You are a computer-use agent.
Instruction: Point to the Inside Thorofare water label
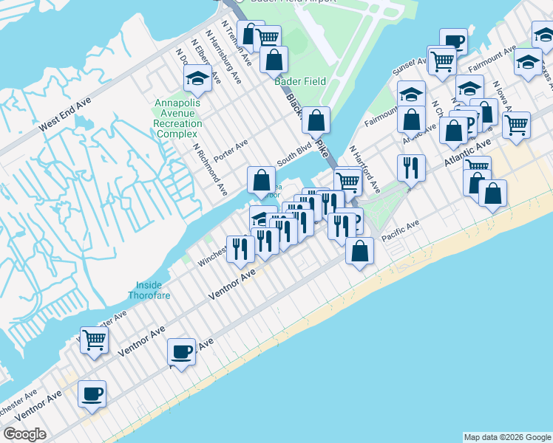click(x=153, y=290)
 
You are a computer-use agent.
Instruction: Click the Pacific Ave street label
click(x=401, y=229)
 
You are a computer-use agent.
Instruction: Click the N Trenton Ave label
click(x=232, y=33)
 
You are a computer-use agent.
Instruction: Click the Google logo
click(x=24, y=434)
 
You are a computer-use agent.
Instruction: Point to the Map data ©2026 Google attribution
click(x=507, y=437)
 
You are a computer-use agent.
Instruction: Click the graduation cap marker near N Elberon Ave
click(x=197, y=78)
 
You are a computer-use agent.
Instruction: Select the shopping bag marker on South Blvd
click(x=261, y=179)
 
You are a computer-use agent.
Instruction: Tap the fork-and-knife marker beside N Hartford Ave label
click(x=411, y=168)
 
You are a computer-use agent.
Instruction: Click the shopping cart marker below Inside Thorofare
click(x=95, y=340)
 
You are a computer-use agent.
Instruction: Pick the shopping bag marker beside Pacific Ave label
click(x=359, y=250)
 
